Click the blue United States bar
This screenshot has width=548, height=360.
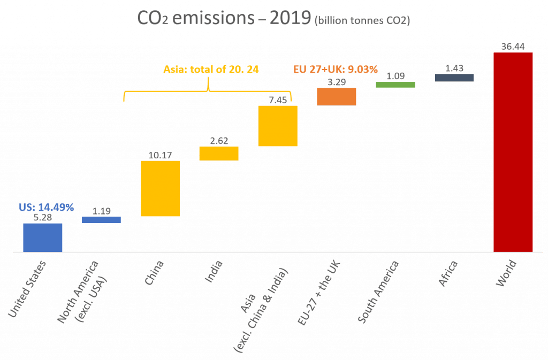tap(43, 238)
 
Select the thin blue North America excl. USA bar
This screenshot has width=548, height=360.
tap(101, 220)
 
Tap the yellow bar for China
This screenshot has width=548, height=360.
tap(160, 188)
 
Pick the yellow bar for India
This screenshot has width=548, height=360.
tap(218, 154)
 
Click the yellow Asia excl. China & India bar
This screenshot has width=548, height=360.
tap(277, 126)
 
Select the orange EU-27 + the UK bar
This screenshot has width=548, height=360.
tap(336, 96)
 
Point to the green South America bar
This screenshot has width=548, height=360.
tap(395, 85)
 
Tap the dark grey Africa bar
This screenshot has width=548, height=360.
tap(454, 78)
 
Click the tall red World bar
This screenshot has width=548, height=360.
tap(513, 152)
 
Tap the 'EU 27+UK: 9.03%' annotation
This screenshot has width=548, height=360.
tap(336, 69)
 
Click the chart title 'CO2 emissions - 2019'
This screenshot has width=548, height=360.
tap(224, 18)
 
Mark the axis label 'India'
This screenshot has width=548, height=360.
tap(215, 271)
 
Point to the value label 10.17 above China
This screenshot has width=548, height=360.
tap(159, 156)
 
